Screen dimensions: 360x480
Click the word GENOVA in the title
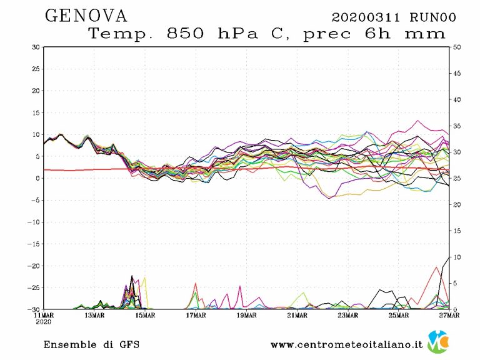(x=86, y=16)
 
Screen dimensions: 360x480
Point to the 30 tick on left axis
(x=36, y=47)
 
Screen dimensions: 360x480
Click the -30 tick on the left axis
(x=35, y=309)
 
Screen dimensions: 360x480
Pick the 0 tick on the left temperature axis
(x=38, y=178)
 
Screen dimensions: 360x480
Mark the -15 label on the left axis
(x=35, y=244)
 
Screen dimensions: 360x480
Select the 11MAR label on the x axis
(x=44, y=316)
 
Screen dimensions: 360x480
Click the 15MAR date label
(x=145, y=316)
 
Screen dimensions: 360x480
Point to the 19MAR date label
(x=246, y=316)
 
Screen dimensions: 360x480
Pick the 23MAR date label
(x=347, y=316)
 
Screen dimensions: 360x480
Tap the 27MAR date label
(x=449, y=316)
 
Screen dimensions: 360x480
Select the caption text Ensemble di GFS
(x=91, y=344)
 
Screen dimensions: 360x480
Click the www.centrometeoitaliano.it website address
(x=347, y=344)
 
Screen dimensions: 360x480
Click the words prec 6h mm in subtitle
(x=374, y=34)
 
